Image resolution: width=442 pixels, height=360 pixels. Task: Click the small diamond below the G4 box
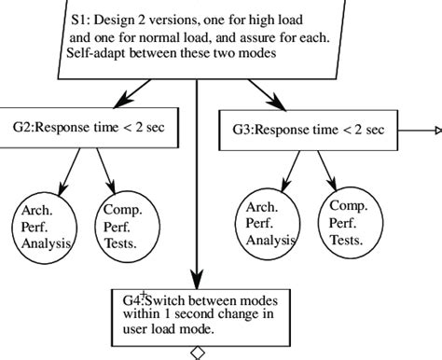point(197,352)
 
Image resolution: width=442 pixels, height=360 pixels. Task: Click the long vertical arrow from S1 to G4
point(197,187)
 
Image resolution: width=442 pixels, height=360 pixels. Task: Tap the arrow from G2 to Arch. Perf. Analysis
point(69,168)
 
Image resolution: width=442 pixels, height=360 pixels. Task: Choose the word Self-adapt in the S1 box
point(99,54)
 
